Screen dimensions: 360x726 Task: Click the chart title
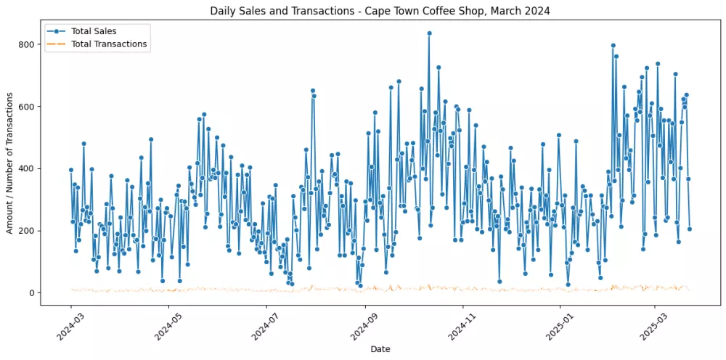(380, 10)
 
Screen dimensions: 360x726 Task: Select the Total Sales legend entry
(94, 31)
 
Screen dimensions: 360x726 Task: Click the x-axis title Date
(380, 349)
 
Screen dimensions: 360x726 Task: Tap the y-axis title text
(9, 168)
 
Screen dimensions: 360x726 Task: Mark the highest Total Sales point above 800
(429, 33)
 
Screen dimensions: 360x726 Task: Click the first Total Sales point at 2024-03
(70, 170)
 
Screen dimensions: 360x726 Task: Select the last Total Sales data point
(690, 229)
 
